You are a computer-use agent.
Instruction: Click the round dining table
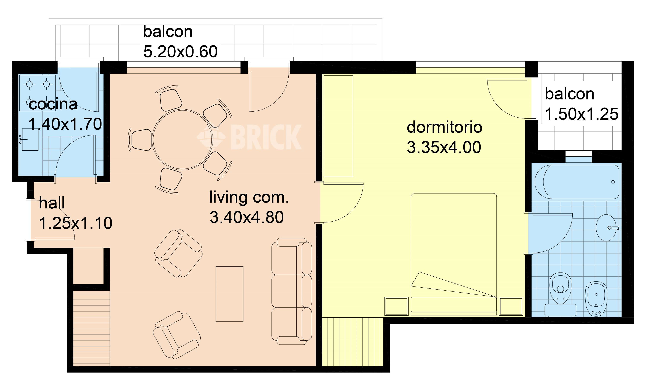click(x=182, y=139)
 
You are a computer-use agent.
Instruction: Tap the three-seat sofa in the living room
click(x=291, y=291)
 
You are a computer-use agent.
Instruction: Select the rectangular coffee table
click(x=229, y=294)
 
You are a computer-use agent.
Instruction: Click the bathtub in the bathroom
click(x=577, y=182)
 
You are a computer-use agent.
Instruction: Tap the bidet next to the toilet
click(x=596, y=299)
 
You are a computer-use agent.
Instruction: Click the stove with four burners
click(x=37, y=93)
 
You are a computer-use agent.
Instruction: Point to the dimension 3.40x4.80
click(x=247, y=217)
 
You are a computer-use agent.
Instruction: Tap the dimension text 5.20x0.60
click(x=181, y=52)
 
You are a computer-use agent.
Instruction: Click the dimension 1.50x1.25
click(x=582, y=114)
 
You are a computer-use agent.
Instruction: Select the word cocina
click(x=53, y=104)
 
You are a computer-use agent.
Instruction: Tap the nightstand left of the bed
click(x=396, y=306)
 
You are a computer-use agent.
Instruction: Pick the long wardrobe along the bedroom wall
click(x=338, y=126)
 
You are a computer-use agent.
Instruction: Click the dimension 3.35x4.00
click(x=444, y=147)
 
